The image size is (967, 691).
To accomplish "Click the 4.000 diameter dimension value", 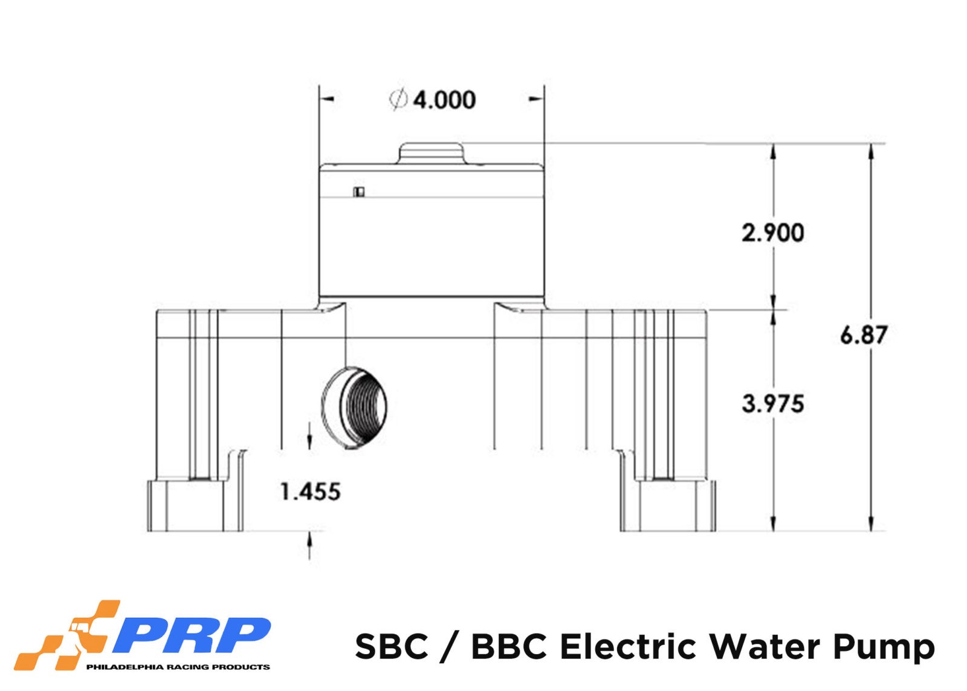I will coord(444,100).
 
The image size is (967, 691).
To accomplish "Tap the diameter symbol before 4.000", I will coord(398,99).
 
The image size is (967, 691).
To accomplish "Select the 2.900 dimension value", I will coord(773,233).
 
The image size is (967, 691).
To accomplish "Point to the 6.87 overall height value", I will coord(863,336).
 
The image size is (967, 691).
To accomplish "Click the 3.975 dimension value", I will coord(773,404).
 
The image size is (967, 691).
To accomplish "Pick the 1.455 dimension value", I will coord(311,492).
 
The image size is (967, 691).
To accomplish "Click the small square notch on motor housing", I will coord(359,192).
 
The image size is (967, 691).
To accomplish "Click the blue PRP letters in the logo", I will coord(190,635).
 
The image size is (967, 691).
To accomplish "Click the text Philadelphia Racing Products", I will coord(178,667).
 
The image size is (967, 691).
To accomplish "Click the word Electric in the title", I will coord(628,646).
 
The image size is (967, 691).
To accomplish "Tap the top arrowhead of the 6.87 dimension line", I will coord(871,151).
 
